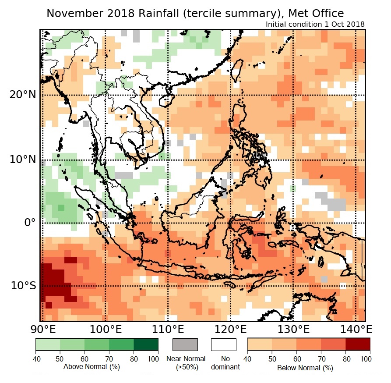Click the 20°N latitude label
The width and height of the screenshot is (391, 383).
22,95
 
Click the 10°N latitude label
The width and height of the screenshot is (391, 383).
22,159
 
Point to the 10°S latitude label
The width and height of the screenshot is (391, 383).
23,286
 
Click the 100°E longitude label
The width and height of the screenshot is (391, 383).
105,329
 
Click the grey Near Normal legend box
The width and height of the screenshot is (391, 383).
185,344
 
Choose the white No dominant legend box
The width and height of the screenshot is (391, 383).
223,344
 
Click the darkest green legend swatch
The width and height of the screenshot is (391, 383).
146,344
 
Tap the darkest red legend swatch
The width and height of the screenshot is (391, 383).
358,344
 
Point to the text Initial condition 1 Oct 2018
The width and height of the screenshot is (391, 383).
315,24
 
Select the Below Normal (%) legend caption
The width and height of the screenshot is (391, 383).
305,368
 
